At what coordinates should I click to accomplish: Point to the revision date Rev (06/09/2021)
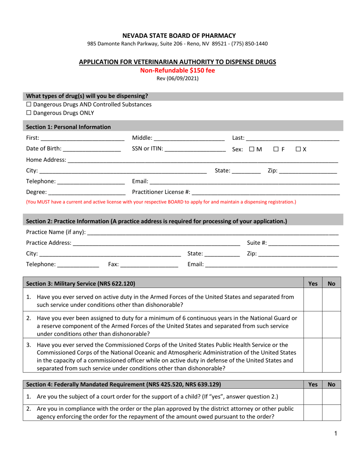click(177, 78)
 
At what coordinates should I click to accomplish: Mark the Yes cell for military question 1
click(313, 299)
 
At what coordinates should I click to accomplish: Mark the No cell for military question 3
click(332, 356)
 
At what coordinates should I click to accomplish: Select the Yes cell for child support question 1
click(313, 396)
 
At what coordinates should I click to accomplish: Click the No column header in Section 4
click(332, 385)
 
